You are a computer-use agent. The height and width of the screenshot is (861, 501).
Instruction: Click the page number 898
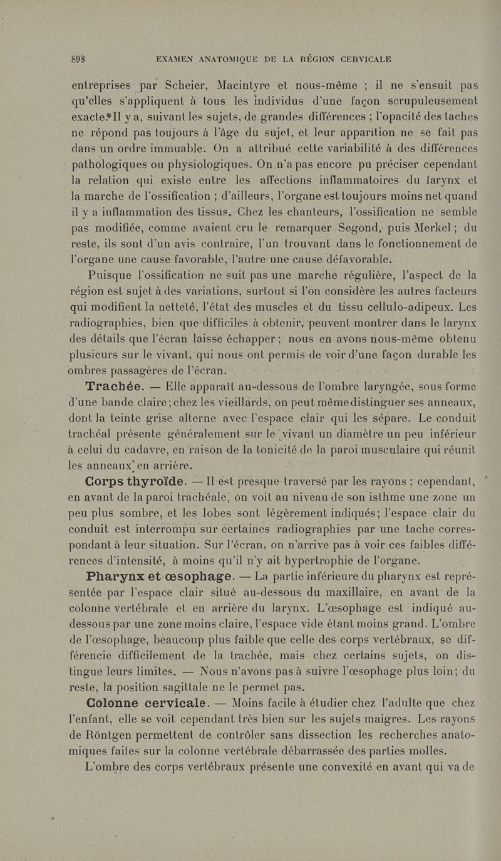[78, 60]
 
